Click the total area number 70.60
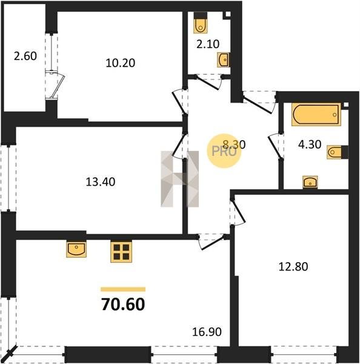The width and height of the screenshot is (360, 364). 123,305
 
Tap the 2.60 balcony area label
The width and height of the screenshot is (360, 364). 25,56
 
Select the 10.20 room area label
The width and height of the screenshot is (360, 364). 121,63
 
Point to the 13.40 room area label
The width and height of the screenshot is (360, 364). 101,182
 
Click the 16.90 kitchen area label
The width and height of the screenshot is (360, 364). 207,332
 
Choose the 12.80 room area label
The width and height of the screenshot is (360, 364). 293,267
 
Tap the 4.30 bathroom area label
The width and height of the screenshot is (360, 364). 310,144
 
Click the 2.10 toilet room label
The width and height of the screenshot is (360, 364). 208,44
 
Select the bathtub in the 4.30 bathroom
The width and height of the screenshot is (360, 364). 316,115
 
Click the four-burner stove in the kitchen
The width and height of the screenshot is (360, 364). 121,252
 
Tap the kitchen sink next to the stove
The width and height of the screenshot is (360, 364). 76,249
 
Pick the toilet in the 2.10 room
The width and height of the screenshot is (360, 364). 201,23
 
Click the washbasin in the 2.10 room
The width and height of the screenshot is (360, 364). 224,60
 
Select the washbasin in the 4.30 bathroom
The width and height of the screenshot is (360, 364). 310,182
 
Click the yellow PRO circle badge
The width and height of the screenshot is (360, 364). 224,151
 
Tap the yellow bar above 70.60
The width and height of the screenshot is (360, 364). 123,289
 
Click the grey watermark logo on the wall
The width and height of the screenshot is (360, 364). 180,179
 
